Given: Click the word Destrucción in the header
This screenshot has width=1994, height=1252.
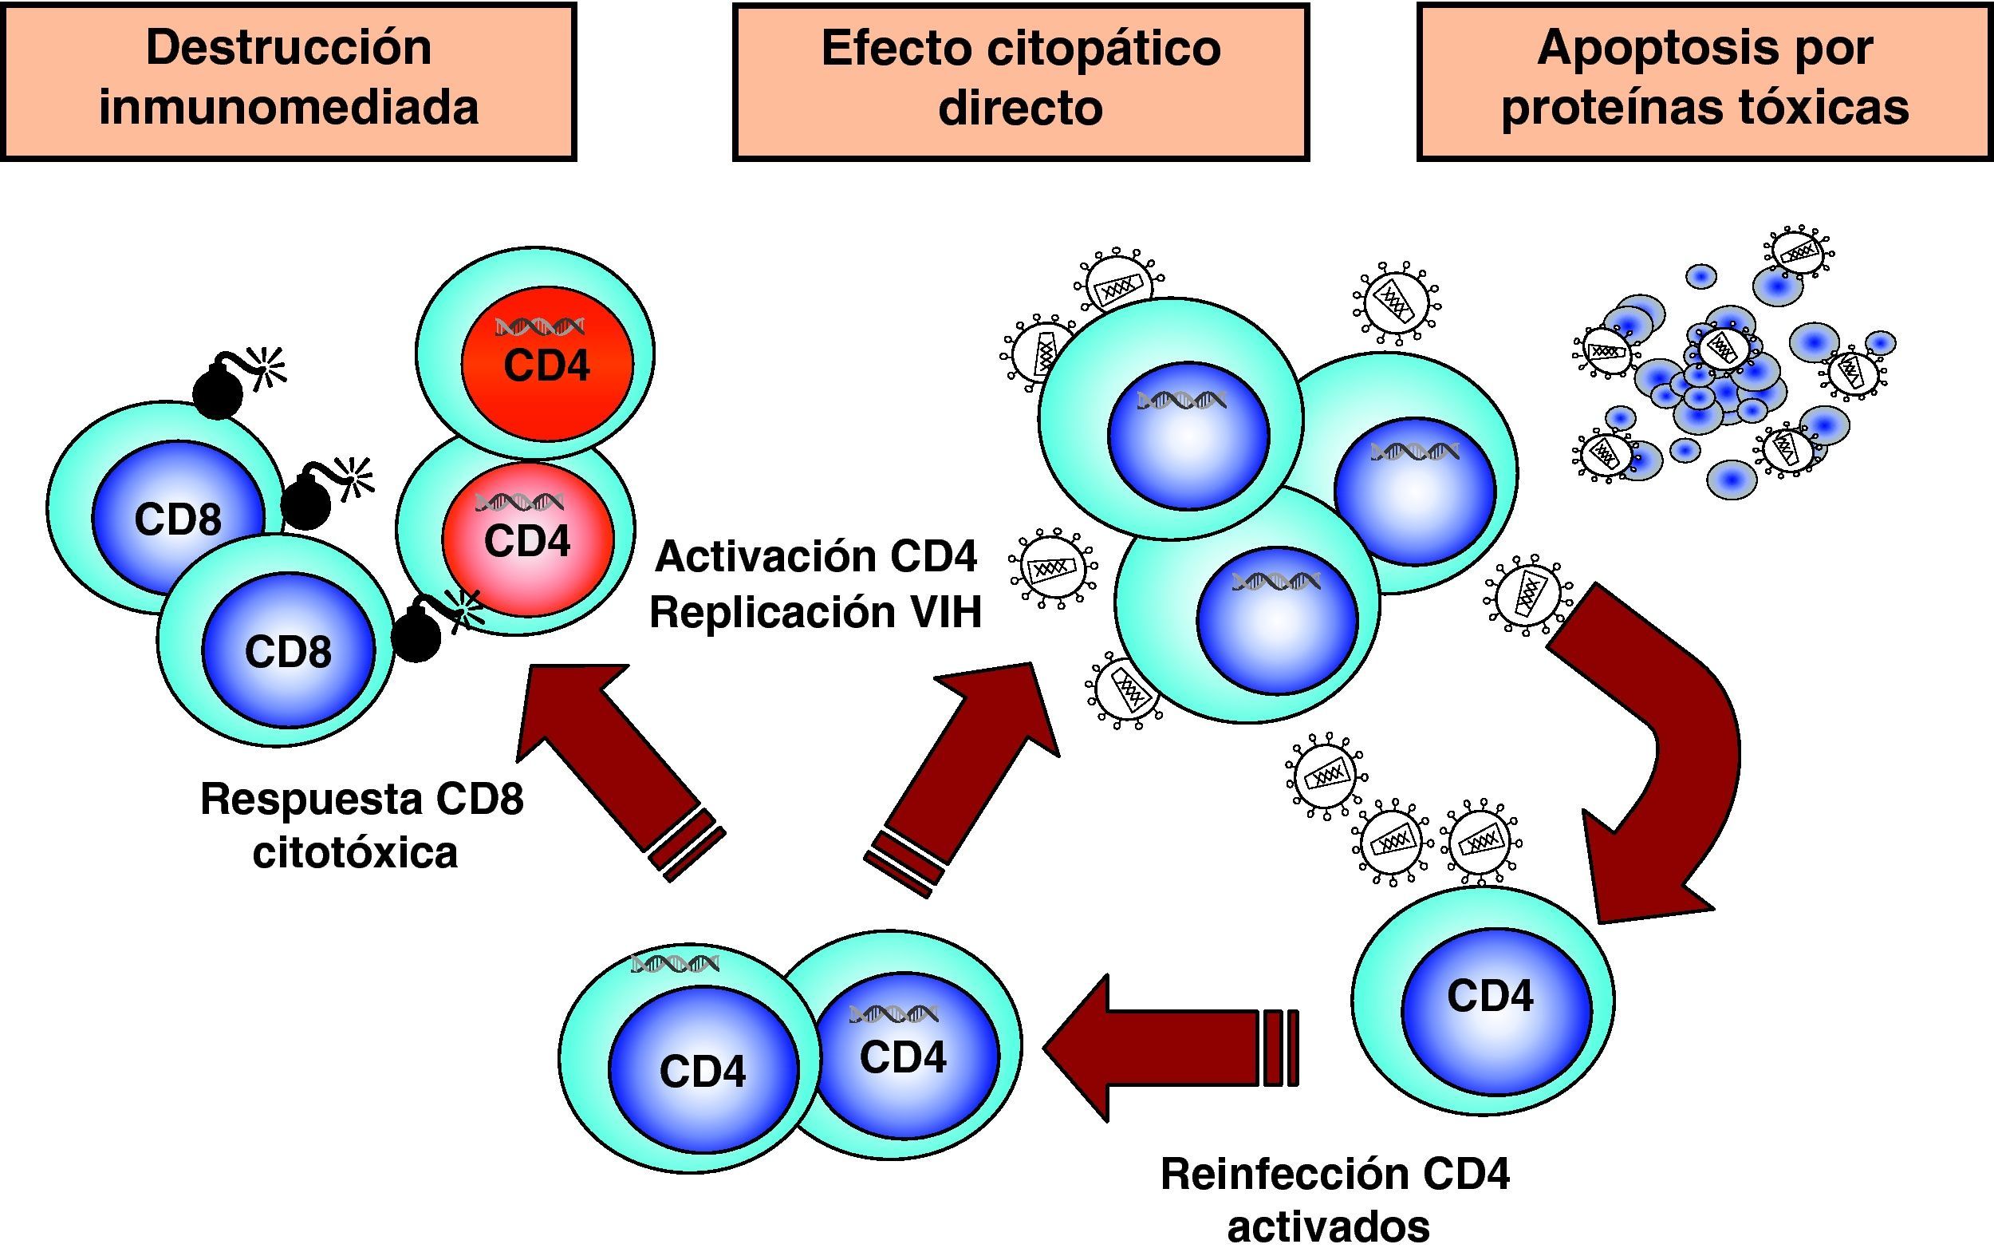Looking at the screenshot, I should (288, 48).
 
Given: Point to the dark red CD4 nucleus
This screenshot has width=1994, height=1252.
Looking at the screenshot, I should (547, 365).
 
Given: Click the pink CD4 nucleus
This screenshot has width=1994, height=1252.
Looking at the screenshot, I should (527, 543).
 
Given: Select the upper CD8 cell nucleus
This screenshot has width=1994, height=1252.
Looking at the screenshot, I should (177, 518).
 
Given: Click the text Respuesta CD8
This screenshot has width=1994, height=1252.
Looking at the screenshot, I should (362, 800).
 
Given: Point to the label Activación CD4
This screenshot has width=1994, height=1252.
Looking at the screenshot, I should (815, 556).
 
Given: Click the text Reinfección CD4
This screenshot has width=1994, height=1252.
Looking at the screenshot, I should (1334, 1174).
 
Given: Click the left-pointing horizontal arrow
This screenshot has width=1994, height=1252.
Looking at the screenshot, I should (1159, 1048).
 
